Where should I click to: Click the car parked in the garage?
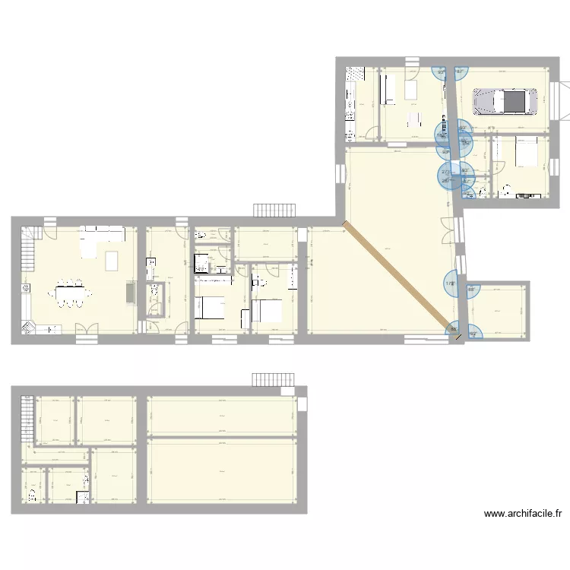(505, 100)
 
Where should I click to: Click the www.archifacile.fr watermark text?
(523, 515)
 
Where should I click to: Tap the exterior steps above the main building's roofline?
(274, 209)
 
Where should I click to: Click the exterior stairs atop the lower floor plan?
(273, 379)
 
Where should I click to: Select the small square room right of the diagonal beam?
(499, 311)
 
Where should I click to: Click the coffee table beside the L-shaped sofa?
(112, 260)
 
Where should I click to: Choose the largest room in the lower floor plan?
(221, 470)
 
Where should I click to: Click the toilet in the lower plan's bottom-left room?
(32, 496)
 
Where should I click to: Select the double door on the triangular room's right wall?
(457, 230)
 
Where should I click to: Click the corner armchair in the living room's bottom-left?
(28, 328)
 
